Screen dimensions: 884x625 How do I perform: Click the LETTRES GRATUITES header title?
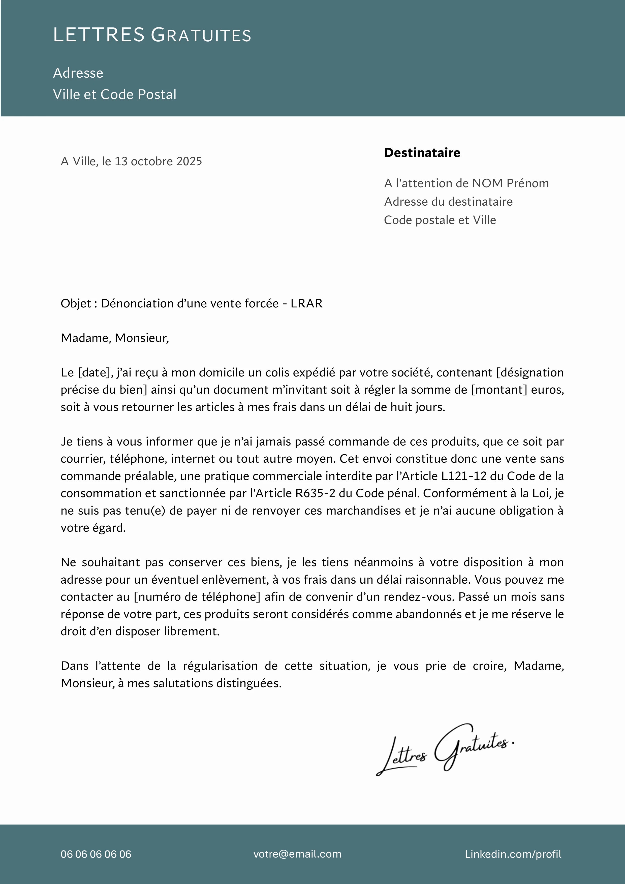[152, 35]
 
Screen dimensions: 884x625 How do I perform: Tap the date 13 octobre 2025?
[158, 161]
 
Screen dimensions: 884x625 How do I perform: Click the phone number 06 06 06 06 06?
[96, 854]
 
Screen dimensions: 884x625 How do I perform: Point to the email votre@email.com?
[297, 854]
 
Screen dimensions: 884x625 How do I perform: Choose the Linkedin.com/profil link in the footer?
[513, 854]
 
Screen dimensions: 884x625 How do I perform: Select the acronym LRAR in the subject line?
[306, 303]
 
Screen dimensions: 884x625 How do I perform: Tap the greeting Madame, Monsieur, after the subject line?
[115, 338]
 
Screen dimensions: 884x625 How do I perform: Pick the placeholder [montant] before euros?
[499, 390]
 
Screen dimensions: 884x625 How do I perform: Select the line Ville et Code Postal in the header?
[115, 94]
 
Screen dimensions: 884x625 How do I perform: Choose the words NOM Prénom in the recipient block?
[511, 183]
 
